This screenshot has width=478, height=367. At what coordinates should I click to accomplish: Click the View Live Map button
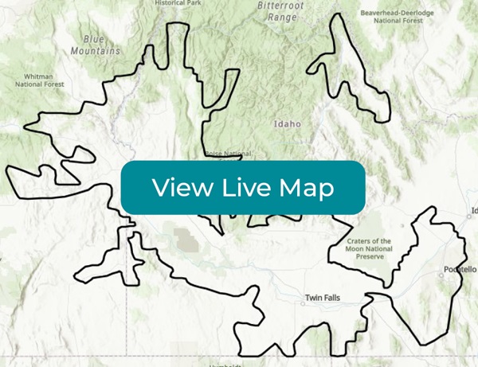pos(243,188)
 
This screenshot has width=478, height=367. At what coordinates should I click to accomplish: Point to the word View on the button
pos(181,188)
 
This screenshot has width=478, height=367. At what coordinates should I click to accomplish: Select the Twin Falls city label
pos(323,299)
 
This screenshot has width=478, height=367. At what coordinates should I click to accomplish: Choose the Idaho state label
pos(288,124)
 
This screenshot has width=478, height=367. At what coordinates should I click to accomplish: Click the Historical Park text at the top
pos(179,3)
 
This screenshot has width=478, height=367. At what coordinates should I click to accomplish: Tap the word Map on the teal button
pos(307,188)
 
